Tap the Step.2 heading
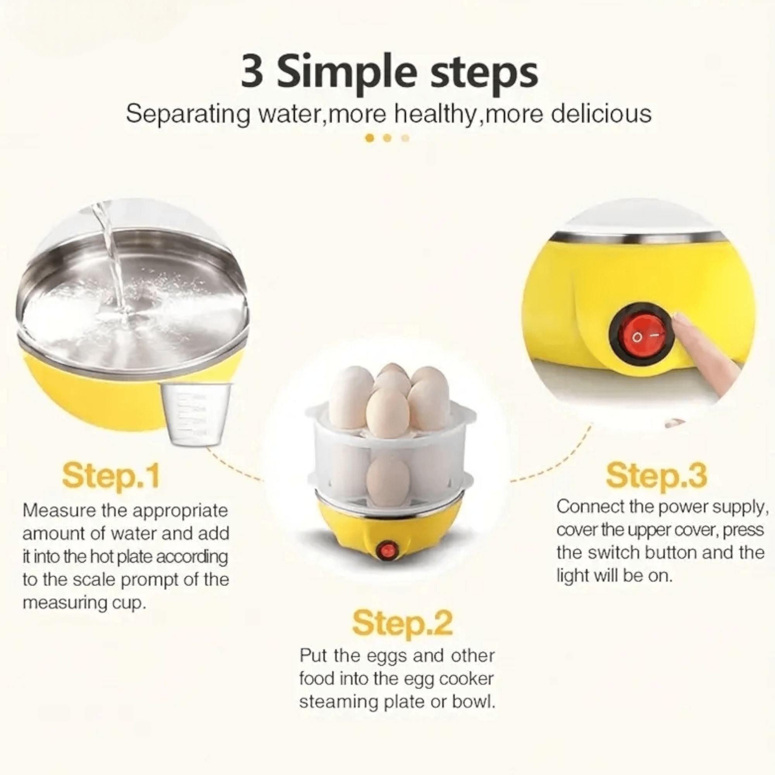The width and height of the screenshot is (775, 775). [402, 623]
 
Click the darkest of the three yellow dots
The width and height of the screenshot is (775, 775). [370, 138]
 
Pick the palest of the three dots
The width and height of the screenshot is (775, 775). [406, 138]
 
